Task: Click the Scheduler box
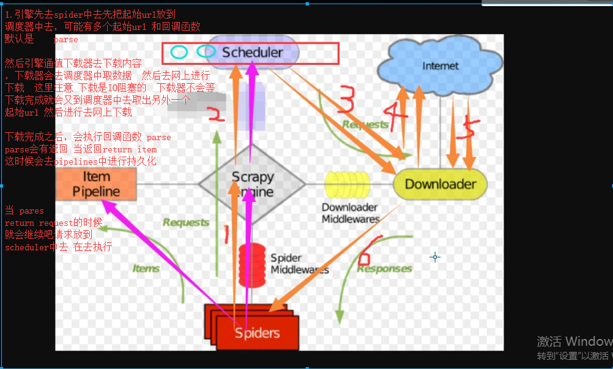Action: pos(252,52)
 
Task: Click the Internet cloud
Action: pos(440,65)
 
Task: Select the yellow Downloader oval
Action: pos(440,184)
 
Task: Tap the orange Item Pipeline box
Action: pos(96,184)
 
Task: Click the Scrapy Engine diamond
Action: pos(252,184)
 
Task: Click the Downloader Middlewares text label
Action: pos(351,213)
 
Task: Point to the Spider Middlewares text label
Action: pos(299,264)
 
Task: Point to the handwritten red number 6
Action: pos(371,250)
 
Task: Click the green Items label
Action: pos(146,268)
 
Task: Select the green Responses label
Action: pos(384,269)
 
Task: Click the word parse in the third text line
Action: pos(65,39)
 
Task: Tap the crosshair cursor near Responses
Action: pos(435,257)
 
